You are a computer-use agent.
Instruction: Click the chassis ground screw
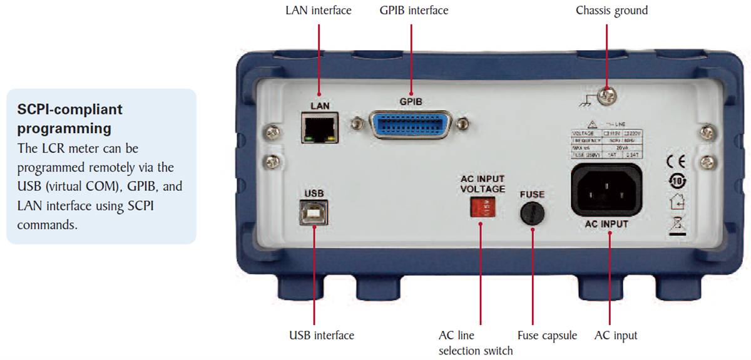[606, 96]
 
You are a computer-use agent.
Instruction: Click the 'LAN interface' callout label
[319, 11]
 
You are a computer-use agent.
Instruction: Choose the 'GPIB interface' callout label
[414, 11]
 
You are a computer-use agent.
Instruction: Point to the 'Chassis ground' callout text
[611, 11]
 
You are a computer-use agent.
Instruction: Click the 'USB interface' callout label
[322, 336]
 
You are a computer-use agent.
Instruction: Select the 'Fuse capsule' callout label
[547, 336]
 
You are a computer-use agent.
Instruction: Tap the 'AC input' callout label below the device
[616, 336]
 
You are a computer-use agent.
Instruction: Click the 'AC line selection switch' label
[476, 343]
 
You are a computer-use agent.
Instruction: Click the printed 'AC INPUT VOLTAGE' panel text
[482, 184]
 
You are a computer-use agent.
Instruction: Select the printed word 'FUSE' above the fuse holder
[533, 195]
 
